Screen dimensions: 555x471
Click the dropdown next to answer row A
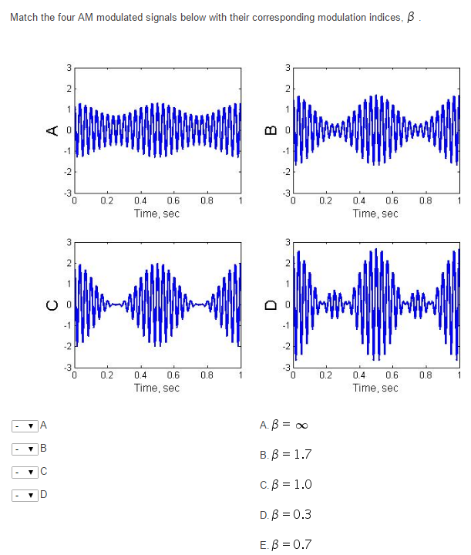tap(25, 425)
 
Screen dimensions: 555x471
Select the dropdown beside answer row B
tap(25, 448)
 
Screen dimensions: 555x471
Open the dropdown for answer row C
tap(25, 471)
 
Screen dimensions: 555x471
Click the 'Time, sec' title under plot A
tap(156, 214)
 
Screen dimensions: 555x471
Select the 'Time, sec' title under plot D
tap(375, 388)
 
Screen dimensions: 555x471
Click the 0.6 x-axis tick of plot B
tap(391, 203)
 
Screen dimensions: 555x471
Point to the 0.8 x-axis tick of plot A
tap(206, 203)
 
